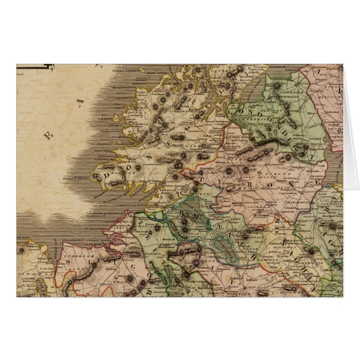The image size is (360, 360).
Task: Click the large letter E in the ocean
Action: (49, 134)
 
